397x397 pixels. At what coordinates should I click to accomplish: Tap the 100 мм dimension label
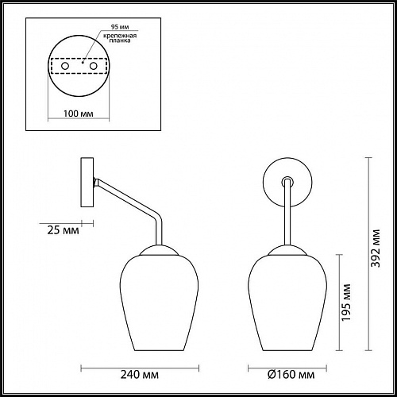77,114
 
